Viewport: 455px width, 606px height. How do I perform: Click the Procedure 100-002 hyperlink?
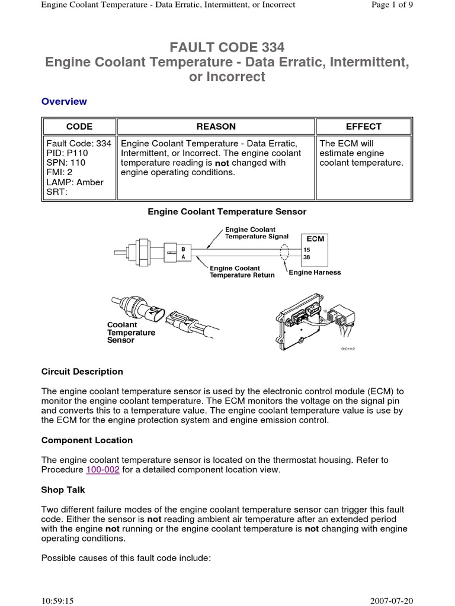point(102,469)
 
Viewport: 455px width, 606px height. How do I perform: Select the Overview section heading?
point(64,101)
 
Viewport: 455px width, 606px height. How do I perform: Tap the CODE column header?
point(79,127)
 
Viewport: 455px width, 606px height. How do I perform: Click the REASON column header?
point(216,127)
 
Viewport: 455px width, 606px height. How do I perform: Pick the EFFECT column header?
point(363,127)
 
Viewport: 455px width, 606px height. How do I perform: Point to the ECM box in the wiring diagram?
point(315,250)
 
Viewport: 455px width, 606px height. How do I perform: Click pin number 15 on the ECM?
point(307,250)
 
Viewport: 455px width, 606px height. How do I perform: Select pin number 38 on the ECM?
point(307,257)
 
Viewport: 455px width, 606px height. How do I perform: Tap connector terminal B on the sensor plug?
point(184,250)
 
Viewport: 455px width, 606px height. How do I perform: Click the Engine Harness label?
point(315,272)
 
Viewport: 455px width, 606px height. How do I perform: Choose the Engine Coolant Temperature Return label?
point(242,272)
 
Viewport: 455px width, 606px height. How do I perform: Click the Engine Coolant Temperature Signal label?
point(257,233)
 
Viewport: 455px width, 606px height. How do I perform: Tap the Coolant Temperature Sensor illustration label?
point(131,333)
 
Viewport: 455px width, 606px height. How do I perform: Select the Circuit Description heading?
point(82,372)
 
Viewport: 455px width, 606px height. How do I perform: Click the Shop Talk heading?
point(63,489)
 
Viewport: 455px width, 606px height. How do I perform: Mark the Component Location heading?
point(87,440)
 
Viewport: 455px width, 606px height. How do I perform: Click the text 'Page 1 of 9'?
point(392,5)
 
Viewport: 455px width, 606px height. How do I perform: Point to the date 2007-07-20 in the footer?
point(392,601)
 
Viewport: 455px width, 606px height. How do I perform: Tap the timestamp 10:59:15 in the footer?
point(57,601)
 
